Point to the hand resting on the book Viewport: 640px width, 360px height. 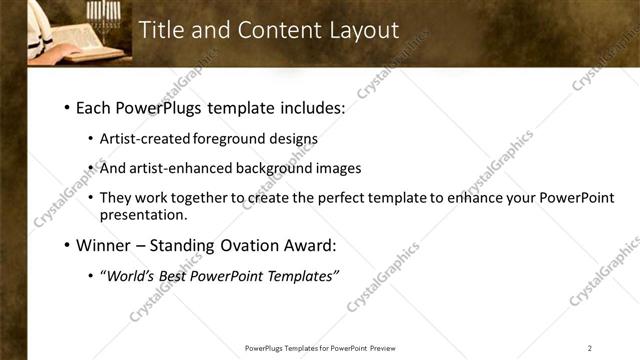coord(59,49)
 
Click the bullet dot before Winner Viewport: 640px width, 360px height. coord(66,245)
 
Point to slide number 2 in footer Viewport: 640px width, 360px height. coord(590,348)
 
